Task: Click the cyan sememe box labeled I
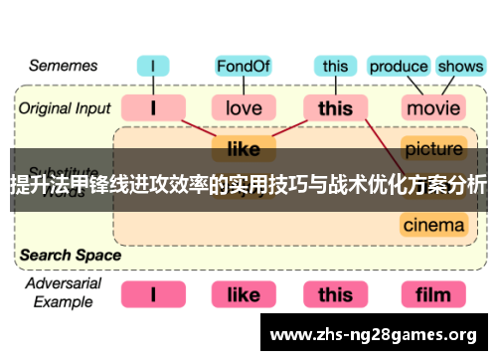click(x=153, y=67)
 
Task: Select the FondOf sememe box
click(x=244, y=67)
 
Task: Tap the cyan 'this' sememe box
click(x=336, y=67)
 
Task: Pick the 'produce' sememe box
click(x=399, y=67)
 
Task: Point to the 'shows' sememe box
click(x=459, y=67)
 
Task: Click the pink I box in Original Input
click(x=153, y=106)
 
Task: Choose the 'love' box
click(x=244, y=106)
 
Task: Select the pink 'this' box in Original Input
click(x=336, y=106)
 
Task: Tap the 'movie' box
click(x=433, y=106)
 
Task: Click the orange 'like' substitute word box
click(x=244, y=149)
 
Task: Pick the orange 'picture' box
click(x=433, y=149)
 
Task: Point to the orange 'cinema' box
click(x=433, y=225)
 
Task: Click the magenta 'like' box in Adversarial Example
click(x=244, y=294)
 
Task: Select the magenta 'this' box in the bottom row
click(x=336, y=294)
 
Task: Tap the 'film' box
click(x=433, y=294)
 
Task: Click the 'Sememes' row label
click(x=63, y=67)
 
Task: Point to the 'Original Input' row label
click(x=65, y=106)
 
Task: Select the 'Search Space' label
click(x=70, y=255)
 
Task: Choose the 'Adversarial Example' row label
click(x=63, y=293)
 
